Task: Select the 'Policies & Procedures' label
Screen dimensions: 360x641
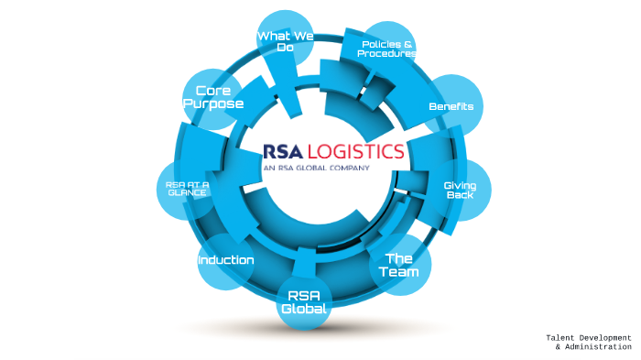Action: point(386,49)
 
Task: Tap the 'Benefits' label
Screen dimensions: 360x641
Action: point(451,106)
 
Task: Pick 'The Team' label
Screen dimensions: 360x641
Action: point(401,265)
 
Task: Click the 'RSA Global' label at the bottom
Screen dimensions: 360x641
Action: point(305,302)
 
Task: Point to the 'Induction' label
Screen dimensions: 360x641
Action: point(226,260)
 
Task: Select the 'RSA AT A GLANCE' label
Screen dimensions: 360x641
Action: point(188,189)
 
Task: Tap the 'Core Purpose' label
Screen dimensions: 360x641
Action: point(213,97)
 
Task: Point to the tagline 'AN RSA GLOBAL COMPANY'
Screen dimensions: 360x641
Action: point(316,169)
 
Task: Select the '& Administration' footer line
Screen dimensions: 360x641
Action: point(592,347)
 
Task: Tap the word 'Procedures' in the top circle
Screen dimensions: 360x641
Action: point(386,54)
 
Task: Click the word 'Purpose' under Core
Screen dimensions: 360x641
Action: point(213,104)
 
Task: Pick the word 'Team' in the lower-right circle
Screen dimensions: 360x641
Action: point(401,272)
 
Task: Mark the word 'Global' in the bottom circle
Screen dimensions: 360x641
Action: point(305,310)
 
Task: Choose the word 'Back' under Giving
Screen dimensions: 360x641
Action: point(460,197)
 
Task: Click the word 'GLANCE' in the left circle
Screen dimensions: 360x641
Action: point(188,193)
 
